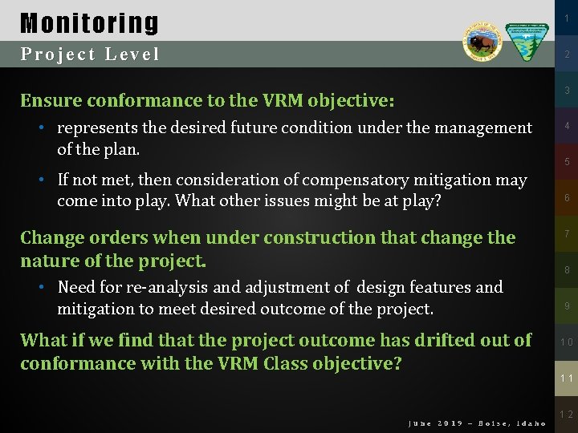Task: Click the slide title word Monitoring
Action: (x=89, y=22)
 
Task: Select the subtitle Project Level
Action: (x=90, y=55)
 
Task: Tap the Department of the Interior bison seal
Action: (x=482, y=41)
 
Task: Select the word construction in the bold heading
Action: (x=308, y=238)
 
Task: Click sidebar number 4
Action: (x=566, y=126)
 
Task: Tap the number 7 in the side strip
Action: (x=566, y=234)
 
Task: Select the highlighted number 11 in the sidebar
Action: (x=566, y=378)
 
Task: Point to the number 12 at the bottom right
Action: (x=566, y=415)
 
